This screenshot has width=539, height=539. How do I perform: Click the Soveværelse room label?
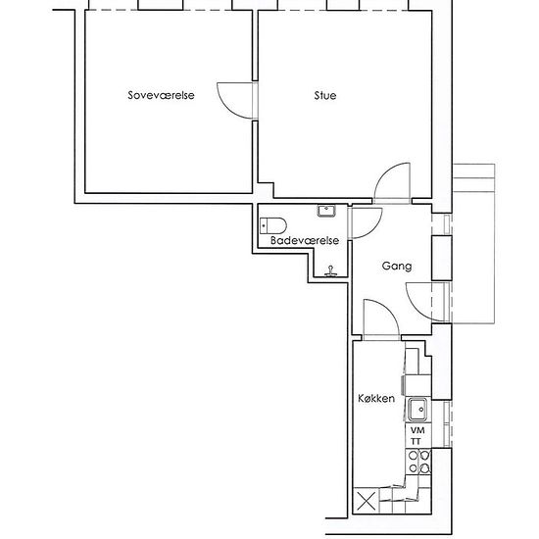click(x=161, y=95)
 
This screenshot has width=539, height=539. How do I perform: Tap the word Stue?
click(x=325, y=95)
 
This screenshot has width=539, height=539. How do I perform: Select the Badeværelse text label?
click(x=305, y=240)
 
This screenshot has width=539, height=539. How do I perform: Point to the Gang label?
click(x=397, y=266)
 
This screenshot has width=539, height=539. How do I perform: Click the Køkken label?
click(x=376, y=399)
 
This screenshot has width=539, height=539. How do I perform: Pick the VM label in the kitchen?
click(x=417, y=430)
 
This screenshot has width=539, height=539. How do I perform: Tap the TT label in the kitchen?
click(x=416, y=441)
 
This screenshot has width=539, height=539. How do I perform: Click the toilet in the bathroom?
click(x=273, y=225)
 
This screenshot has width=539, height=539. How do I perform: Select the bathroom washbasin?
click(x=326, y=211)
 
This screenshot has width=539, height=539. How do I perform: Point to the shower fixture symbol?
click(x=330, y=271)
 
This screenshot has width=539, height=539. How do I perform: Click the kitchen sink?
click(x=417, y=410)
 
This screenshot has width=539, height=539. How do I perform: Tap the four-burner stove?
click(x=418, y=462)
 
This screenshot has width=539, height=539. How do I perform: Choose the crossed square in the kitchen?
click(x=367, y=501)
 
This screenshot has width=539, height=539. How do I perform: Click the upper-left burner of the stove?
click(x=414, y=456)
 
